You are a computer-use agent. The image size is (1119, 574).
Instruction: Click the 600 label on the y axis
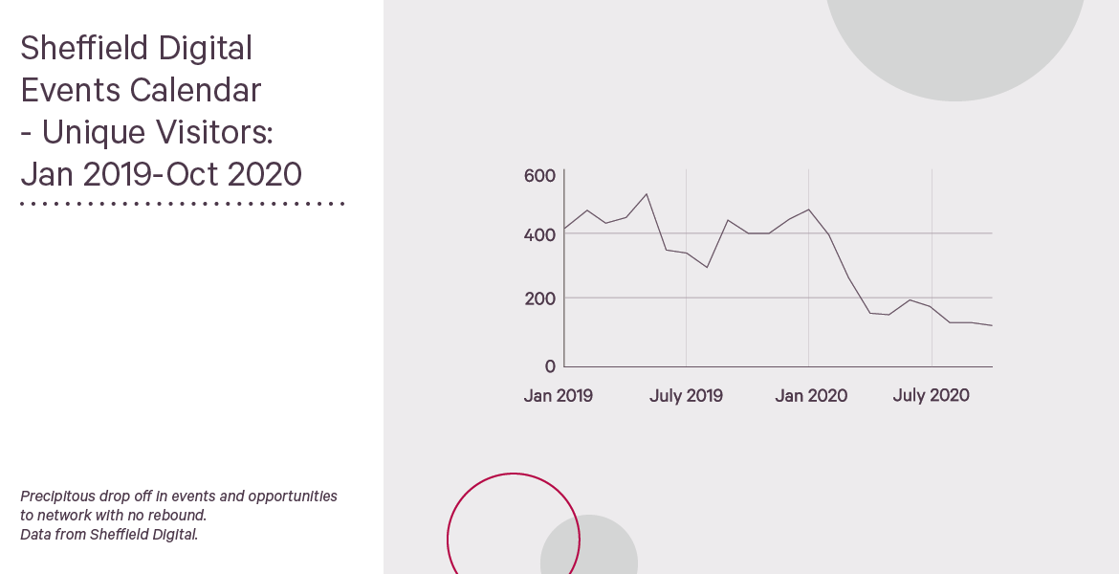[539, 176]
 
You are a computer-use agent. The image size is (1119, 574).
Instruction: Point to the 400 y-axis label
[539, 235]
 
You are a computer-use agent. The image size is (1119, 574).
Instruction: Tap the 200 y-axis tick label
[539, 299]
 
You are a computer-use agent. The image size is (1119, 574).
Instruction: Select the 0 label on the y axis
[550, 366]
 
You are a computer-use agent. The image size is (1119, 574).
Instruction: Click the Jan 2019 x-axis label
[559, 395]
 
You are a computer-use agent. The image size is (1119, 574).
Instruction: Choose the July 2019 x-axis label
[686, 395]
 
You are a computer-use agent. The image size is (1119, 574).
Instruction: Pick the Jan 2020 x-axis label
[811, 395]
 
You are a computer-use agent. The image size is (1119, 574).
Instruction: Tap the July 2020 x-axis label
[931, 395]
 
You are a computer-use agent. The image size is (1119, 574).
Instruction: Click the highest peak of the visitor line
[647, 193]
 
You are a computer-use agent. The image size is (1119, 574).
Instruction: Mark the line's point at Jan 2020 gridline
[808, 210]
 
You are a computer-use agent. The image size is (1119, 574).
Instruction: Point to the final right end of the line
[992, 325]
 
